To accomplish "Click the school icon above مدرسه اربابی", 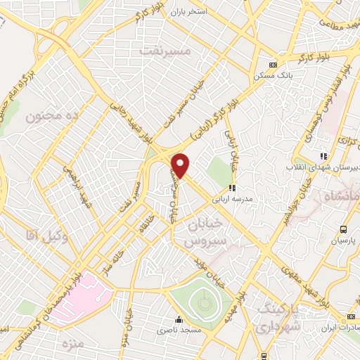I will pos(232,188).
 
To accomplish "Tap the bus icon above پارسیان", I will pos(343,229).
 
